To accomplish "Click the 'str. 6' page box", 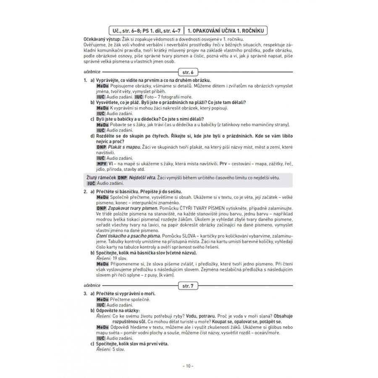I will tap(189, 72).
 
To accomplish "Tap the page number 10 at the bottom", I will tap(189, 366).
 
